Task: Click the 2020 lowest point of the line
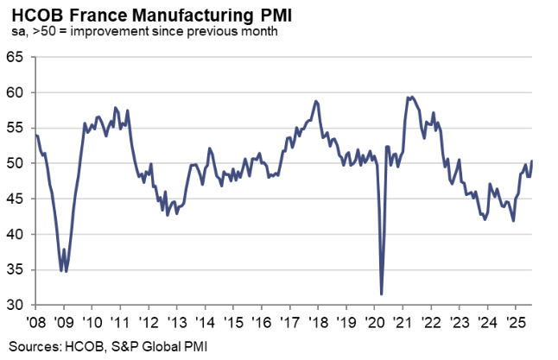[x=382, y=294]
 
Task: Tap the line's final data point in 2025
[x=531, y=161]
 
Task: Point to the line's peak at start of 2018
[x=316, y=101]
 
